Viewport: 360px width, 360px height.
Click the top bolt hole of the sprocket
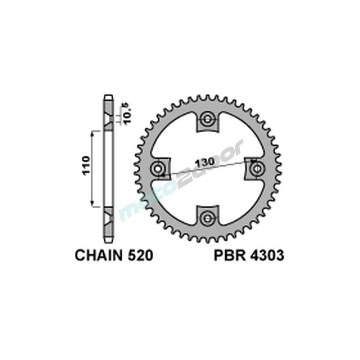click(207, 120)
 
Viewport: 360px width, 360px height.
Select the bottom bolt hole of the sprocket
click(207, 217)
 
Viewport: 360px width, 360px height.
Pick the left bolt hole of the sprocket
click(158, 168)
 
